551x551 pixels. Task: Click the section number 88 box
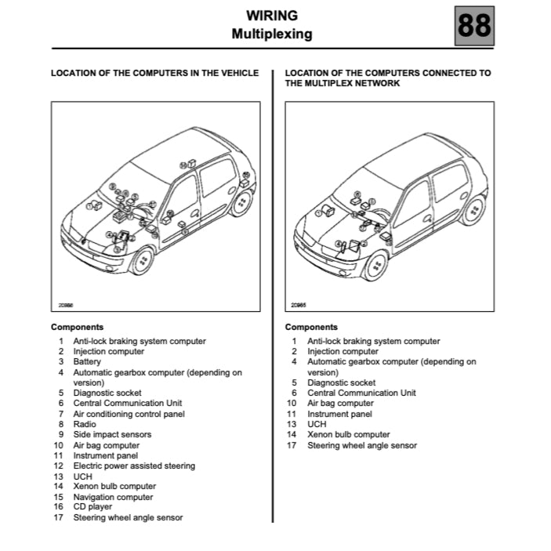(x=474, y=25)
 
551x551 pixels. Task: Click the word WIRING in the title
(x=272, y=15)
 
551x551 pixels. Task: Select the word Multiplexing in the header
(x=272, y=34)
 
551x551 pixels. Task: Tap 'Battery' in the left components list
(x=87, y=362)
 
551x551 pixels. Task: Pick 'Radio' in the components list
(x=85, y=424)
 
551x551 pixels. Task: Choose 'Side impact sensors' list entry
(x=112, y=434)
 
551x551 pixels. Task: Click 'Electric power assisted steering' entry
(x=134, y=466)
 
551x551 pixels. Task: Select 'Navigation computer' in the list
(x=113, y=497)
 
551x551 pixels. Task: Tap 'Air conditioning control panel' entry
(x=129, y=414)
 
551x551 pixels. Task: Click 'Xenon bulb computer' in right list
(x=348, y=435)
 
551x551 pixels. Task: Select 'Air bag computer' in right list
(x=341, y=404)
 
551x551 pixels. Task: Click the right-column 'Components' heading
(x=311, y=327)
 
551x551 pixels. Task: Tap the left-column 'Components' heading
(x=77, y=327)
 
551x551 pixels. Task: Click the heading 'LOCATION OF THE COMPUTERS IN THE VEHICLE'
(x=154, y=73)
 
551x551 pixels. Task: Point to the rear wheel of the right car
(x=474, y=209)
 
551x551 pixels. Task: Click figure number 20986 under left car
(x=63, y=305)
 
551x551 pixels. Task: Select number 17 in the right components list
(x=292, y=445)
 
